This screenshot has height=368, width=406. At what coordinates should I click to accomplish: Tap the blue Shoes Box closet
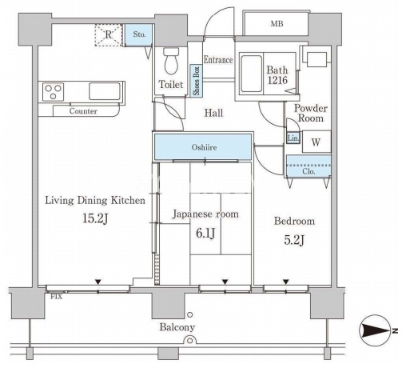tap(197, 81)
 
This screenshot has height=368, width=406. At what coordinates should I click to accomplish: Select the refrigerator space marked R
tap(109, 35)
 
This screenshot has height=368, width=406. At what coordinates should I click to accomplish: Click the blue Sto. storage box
tap(139, 34)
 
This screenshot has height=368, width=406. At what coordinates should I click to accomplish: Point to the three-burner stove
tap(53, 92)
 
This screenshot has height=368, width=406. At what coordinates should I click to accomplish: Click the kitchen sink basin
tap(105, 91)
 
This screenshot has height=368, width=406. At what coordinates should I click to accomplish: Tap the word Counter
tap(83, 111)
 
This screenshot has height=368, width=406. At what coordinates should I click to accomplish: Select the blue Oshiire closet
tap(203, 147)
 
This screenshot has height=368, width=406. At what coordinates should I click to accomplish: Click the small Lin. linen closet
tap(293, 138)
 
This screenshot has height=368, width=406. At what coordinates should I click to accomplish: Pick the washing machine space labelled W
tap(316, 142)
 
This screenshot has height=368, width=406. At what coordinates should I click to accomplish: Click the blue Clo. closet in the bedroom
tap(308, 166)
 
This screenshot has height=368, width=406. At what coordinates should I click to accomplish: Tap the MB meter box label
tap(277, 24)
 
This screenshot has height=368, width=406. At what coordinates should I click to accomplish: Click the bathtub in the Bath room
tap(251, 74)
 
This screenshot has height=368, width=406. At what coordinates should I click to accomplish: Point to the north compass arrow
tap(375, 331)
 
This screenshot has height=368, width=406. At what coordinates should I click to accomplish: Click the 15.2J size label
tap(95, 218)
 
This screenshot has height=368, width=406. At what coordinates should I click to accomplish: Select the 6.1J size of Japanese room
tap(205, 233)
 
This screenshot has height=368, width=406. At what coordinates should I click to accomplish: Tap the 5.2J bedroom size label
tap(294, 240)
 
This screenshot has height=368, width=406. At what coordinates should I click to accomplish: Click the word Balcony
tap(177, 327)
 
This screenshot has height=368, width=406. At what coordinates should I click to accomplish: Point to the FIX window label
tap(57, 297)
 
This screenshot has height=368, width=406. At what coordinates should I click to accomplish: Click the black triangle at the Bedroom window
tap(286, 282)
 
